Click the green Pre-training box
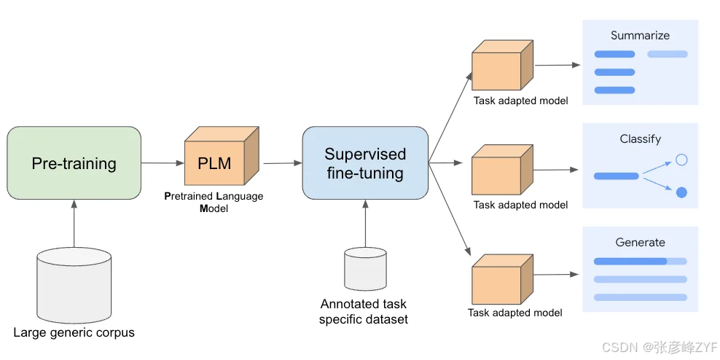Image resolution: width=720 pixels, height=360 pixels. [x=74, y=163]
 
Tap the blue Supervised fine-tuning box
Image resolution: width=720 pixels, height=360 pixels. [x=364, y=163]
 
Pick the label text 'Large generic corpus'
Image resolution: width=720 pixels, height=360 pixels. [x=74, y=333]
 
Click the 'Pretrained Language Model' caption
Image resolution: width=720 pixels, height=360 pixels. [x=214, y=203]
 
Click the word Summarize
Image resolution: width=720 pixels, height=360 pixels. [x=640, y=35]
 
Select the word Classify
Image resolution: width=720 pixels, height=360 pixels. [x=640, y=139]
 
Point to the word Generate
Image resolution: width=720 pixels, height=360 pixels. [x=640, y=243]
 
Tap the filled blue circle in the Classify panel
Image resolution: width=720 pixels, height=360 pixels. [x=681, y=192]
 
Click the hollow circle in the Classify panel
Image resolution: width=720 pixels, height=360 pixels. [x=681, y=159]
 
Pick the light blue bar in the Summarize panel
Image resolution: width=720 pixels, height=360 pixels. [x=667, y=54]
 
